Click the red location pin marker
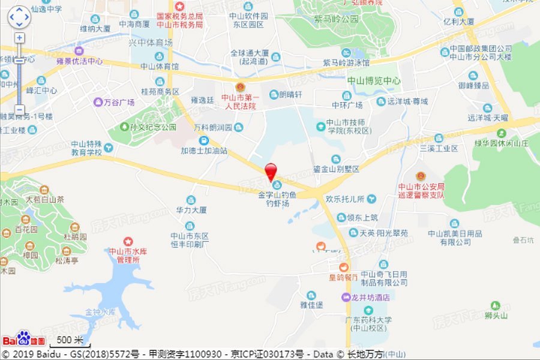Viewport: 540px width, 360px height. click(272, 170)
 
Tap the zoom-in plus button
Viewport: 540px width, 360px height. click(19, 38)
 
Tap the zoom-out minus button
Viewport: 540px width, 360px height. click(19, 110)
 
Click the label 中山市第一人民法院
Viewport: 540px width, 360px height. click(239, 101)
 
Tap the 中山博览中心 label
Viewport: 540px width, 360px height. click(374, 80)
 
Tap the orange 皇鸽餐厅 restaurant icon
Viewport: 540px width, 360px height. click(343, 267)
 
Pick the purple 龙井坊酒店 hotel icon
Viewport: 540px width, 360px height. click(346, 297)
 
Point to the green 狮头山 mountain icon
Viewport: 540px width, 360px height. click(495, 306)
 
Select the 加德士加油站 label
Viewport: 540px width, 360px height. click(204, 151)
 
